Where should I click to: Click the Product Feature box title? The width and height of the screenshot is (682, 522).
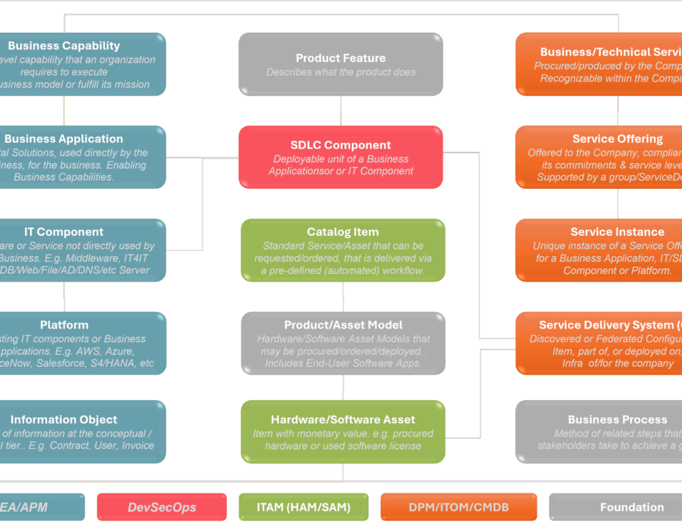coord(340,59)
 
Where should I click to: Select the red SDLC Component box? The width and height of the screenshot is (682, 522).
coord(340,157)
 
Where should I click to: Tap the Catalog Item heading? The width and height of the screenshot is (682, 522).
coord(342,232)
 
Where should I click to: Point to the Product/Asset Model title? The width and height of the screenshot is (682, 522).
coord(343,325)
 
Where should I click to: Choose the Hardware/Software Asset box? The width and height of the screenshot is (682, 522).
coord(343,432)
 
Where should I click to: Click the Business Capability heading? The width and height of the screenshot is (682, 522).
coord(64,46)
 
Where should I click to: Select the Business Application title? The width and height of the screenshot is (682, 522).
coord(64,139)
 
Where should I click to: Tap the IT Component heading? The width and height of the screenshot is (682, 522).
coord(64,232)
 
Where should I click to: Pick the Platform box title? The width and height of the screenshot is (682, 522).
coord(64,325)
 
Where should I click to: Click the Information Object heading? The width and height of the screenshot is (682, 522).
coord(64,420)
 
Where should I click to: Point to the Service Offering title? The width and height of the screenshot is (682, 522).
coord(617,139)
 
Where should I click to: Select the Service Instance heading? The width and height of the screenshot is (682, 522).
coord(617,232)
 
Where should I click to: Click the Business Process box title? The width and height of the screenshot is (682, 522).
coord(617,420)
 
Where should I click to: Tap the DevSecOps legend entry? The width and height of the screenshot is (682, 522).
coord(162,507)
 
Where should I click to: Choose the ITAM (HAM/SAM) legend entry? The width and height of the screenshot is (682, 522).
coord(303,507)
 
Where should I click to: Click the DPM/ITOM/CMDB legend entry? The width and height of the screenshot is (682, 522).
coord(458,507)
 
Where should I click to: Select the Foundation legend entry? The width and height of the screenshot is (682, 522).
coord(632,507)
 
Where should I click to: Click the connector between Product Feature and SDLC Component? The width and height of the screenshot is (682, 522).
coord(340,110)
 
